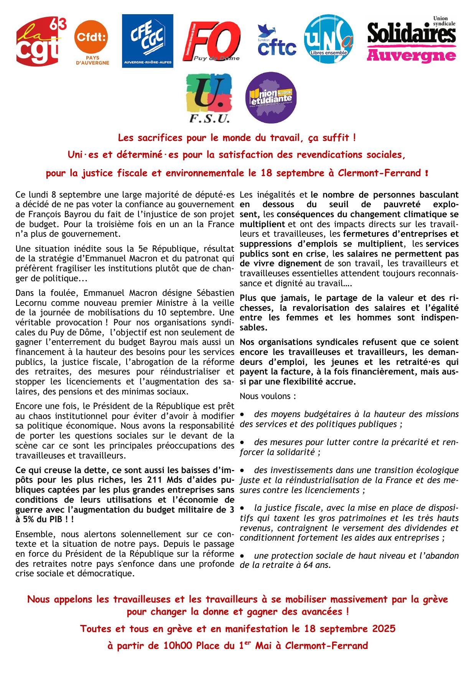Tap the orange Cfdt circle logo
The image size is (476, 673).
(x=91, y=37)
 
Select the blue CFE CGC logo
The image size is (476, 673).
(x=148, y=41)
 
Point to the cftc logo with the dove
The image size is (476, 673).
(x=277, y=41)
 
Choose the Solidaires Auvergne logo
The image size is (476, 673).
(x=412, y=40)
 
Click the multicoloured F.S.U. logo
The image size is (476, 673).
(x=209, y=98)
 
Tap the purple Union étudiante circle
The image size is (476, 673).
(x=271, y=98)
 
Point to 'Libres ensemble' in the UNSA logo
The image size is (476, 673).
(x=329, y=53)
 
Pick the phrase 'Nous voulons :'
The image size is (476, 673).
(x=268, y=396)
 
